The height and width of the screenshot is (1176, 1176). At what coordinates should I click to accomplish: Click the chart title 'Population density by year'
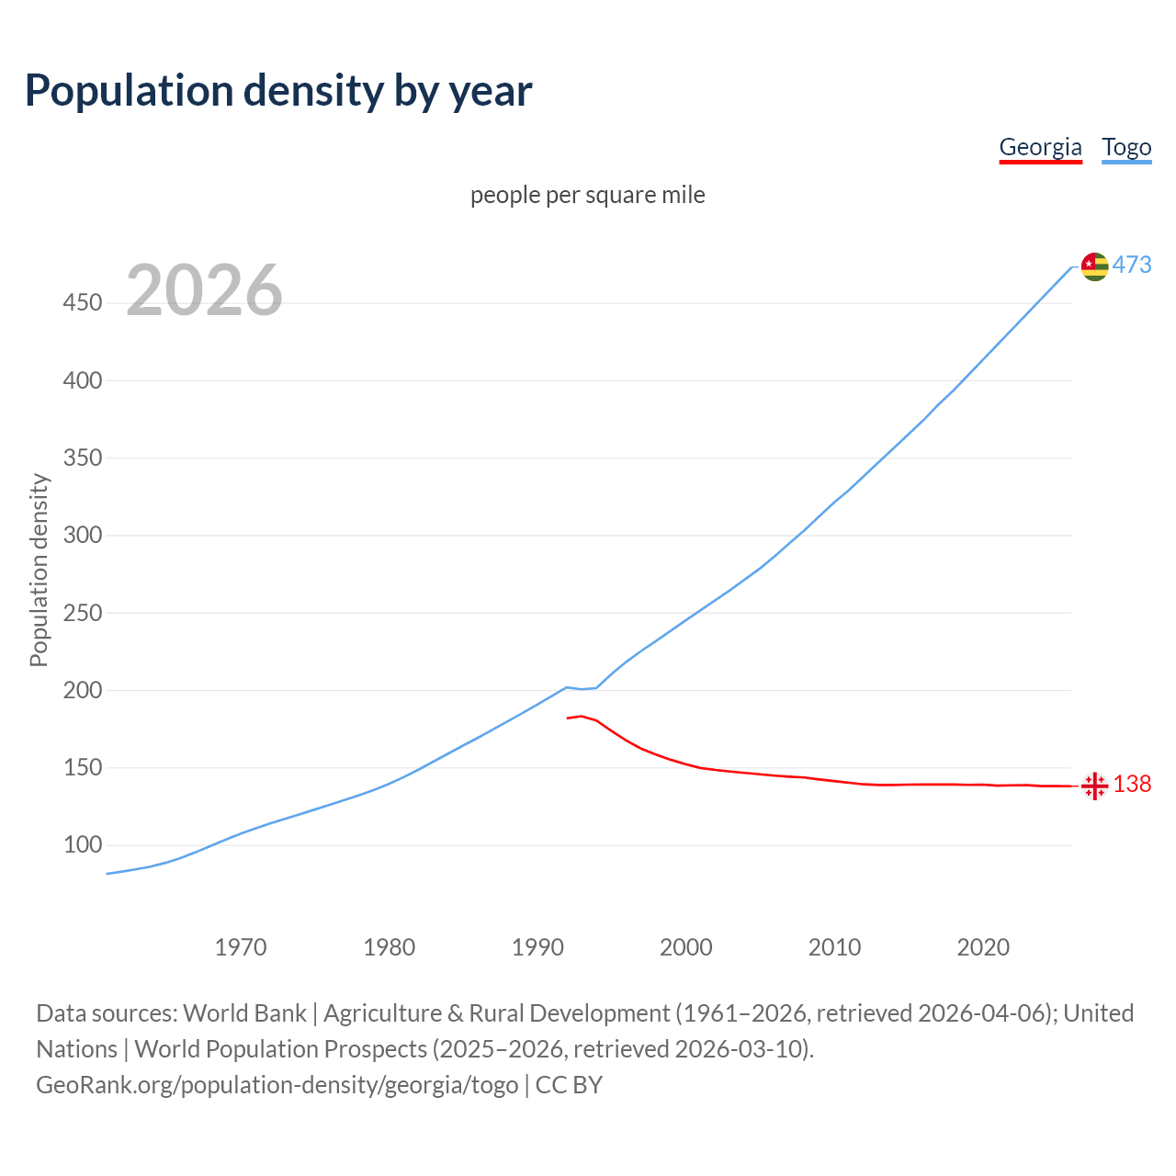tap(278, 91)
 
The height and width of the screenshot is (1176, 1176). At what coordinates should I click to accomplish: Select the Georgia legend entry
tap(1040, 147)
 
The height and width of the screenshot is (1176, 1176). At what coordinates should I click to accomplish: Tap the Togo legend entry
tap(1126, 147)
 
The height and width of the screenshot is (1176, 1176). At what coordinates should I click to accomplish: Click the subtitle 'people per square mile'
tap(587, 195)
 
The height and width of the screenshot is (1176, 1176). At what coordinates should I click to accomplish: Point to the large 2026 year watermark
tap(204, 290)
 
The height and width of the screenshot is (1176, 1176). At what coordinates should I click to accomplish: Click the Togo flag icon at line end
tap(1094, 266)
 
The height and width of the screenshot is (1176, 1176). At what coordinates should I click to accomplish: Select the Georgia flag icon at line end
tap(1094, 786)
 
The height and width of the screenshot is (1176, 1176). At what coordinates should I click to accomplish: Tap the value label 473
tap(1132, 266)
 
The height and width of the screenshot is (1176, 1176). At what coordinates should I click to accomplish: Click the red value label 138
tap(1132, 784)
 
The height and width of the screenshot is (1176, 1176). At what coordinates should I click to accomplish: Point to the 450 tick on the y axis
tap(83, 302)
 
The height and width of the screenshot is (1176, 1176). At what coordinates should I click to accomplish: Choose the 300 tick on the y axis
tap(83, 535)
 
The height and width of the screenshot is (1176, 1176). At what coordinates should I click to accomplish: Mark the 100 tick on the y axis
tap(83, 844)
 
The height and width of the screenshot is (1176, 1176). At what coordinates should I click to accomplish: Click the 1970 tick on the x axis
tap(241, 947)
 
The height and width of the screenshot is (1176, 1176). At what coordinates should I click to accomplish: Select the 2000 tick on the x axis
tap(686, 947)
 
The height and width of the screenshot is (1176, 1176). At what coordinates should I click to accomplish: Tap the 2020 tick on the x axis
tap(983, 947)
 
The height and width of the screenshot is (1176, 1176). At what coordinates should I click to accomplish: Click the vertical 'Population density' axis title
tap(39, 570)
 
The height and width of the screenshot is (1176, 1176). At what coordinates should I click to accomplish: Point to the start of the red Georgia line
tap(568, 718)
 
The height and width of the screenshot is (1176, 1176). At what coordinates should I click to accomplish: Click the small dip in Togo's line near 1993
tap(582, 689)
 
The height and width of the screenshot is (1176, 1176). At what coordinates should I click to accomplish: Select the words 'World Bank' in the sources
tap(244, 1013)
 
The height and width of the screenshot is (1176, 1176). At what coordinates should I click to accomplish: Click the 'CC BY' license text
tap(569, 1085)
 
